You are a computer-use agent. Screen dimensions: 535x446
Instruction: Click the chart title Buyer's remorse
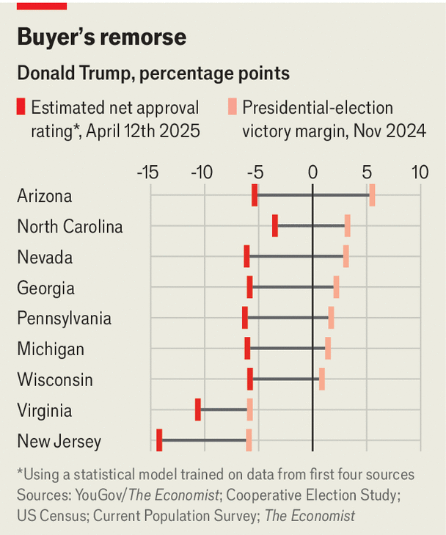click(101, 38)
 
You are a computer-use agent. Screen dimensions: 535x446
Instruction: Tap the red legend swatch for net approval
click(21, 107)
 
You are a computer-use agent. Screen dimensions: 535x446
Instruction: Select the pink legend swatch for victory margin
click(231, 107)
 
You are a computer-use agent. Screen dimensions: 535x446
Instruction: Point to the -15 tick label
click(148, 173)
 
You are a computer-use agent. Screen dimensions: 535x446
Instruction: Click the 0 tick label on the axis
click(313, 173)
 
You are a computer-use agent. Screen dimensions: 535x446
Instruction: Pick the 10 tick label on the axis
click(420, 173)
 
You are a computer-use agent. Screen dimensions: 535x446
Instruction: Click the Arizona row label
click(45, 196)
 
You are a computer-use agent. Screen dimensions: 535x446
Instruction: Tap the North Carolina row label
click(70, 227)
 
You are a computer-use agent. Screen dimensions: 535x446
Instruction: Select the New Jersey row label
click(59, 441)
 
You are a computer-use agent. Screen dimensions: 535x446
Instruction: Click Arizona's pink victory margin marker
click(373, 196)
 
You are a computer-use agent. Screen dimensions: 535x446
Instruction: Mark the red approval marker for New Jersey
click(159, 440)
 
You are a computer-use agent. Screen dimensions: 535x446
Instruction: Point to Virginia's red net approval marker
click(198, 410)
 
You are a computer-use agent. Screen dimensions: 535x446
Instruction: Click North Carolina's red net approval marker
click(275, 226)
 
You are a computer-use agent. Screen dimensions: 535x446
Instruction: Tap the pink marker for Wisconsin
click(322, 379)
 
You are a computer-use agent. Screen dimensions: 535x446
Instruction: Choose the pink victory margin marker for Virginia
click(250, 410)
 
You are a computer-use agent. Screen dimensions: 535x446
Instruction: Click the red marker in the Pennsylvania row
click(245, 318)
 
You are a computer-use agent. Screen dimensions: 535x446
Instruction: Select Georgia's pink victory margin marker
click(336, 287)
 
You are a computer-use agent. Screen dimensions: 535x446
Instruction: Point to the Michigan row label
click(51, 349)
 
